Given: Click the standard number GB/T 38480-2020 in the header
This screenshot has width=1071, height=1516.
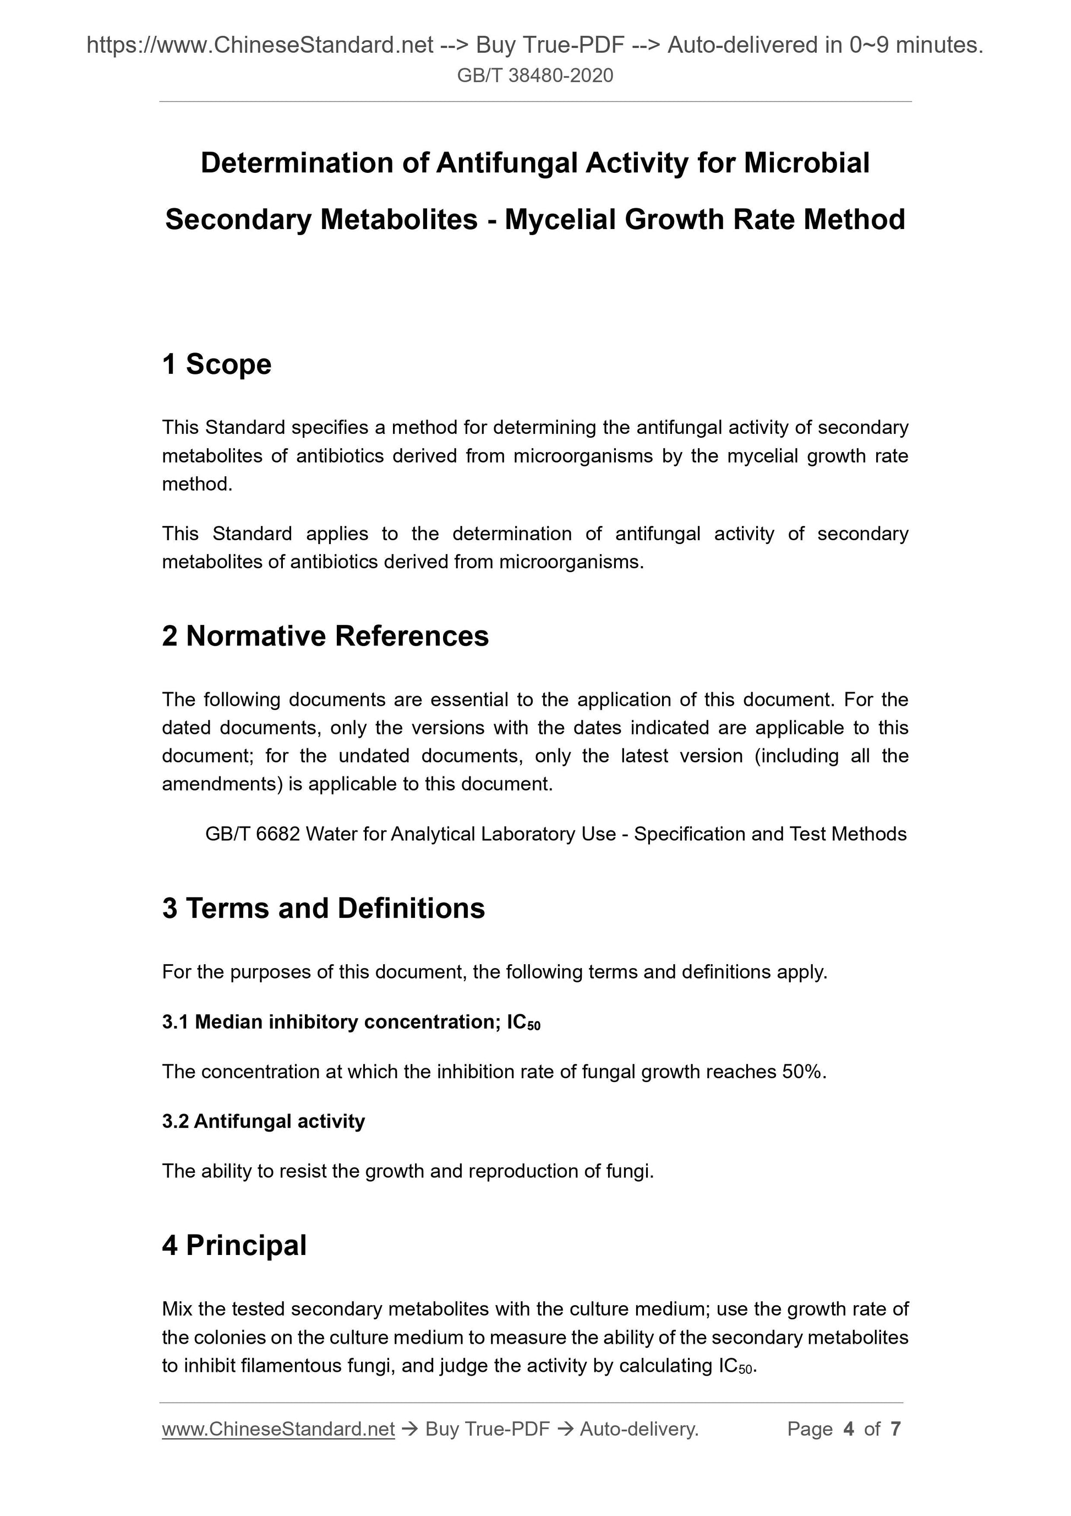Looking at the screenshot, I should [534, 76].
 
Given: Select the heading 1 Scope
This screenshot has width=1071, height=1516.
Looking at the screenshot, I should [216, 365].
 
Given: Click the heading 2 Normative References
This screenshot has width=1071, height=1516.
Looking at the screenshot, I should [325, 637].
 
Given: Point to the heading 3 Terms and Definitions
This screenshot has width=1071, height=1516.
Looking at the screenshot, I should [324, 909].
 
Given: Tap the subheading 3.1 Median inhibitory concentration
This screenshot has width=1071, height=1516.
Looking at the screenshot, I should [351, 1022].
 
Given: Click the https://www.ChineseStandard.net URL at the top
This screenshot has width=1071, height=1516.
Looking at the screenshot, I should [260, 45].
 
